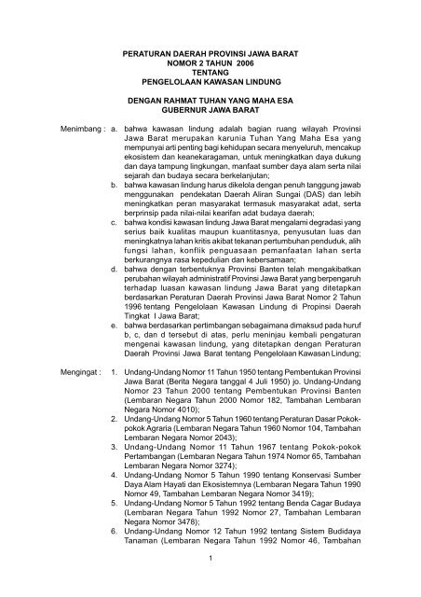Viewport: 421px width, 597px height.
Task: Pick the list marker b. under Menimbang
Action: (x=114, y=212)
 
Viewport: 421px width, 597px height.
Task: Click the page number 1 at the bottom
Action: (x=211, y=586)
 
